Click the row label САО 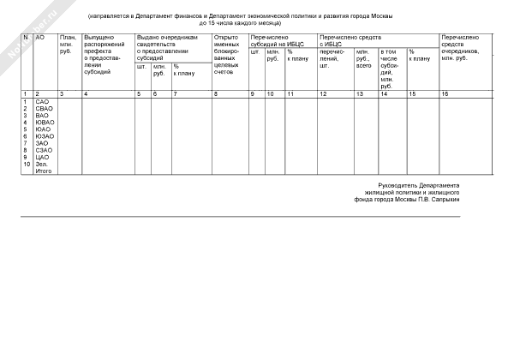[41, 102]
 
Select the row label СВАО [43, 109]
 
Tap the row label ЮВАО [44, 123]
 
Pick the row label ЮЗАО [45, 136]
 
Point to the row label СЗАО [43, 151]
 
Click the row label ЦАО [41, 158]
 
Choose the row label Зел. [41, 165]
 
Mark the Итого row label [43, 171]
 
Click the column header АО [39, 39]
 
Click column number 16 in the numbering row [445, 93]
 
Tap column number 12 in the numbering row [322, 93]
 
